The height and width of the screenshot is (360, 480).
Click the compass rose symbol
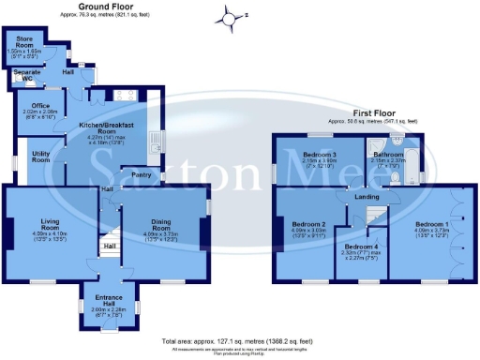click(227, 16)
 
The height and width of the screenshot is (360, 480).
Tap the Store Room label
click(23, 42)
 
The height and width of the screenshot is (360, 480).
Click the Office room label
click(39, 106)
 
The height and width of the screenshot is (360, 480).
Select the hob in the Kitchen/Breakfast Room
click(122, 95)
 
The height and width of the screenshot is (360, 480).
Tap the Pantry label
click(142, 174)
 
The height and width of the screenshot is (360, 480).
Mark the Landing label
click(365, 196)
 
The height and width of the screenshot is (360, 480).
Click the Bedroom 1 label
click(432, 225)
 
